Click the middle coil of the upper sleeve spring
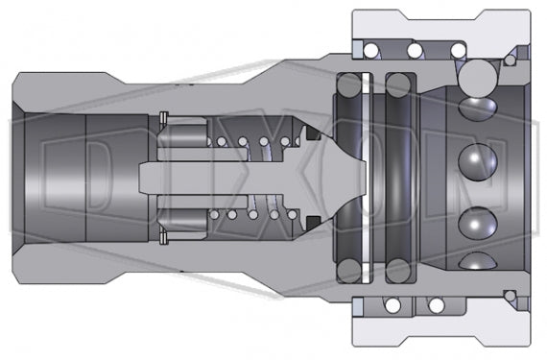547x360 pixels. (415, 49)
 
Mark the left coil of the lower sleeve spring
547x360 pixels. (391, 305)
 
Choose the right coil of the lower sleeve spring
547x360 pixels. (436, 305)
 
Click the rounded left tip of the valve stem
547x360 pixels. (144, 178)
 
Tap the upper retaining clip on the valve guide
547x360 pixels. (163, 119)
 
